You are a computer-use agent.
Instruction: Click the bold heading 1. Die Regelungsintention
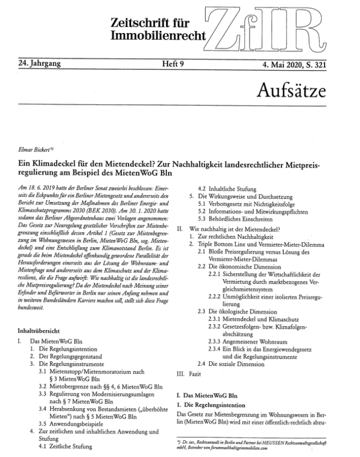[213, 405]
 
